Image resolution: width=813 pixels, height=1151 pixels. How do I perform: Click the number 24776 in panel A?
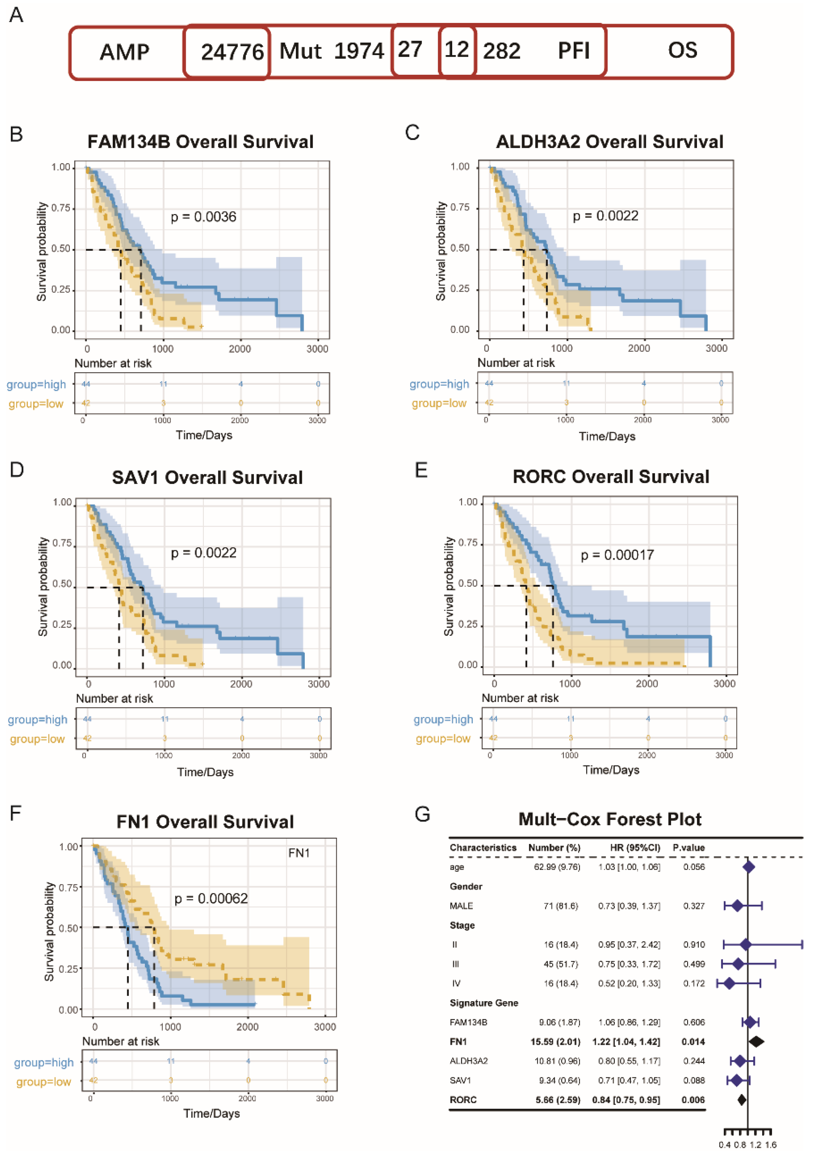pos(232,52)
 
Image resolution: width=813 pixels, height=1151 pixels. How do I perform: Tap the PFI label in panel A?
pos(573,50)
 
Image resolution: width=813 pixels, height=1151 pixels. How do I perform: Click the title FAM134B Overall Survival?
pos(201,142)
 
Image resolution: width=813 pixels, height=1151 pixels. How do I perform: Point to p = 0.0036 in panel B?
pos(203,217)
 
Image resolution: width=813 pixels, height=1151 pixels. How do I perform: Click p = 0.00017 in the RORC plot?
pos(617,556)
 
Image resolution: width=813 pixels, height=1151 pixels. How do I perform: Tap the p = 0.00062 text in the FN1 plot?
pos(211,898)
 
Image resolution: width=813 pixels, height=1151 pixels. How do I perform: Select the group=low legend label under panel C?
pos(439,403)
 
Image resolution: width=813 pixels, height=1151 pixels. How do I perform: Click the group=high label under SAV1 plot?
pos(38,720)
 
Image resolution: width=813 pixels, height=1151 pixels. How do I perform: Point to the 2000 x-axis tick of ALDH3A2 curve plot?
pos(639,348)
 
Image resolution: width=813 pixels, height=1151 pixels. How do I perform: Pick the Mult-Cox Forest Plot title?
pos(610,819)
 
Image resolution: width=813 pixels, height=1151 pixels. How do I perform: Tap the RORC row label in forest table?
pos(463,1100)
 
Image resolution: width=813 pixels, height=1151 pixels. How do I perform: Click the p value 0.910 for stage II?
pos(694,945)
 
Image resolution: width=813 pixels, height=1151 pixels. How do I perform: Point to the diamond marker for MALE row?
pos(737,906)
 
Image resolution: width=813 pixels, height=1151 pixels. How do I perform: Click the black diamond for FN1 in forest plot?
pos(756,1042)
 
